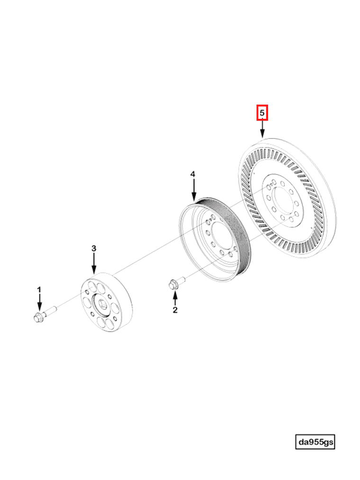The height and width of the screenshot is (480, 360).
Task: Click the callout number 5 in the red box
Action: [262, 113]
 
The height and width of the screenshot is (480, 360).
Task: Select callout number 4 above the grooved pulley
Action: [193, 175]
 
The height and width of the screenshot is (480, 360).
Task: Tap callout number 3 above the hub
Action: [94, 249]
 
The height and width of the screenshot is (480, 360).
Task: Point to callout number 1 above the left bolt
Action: [40, 289]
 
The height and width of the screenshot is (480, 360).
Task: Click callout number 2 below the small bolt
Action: [175, 310]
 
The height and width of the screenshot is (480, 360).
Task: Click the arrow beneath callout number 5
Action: [262, 129]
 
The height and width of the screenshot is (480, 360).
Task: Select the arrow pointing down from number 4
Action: [193, 189]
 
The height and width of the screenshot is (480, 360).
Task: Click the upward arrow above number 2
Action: [175, 297]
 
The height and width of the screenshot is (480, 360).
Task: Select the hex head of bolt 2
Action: [173, 284]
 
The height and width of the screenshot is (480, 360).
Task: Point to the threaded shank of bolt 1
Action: [51, 311]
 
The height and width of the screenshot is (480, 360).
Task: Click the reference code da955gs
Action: [315, 442]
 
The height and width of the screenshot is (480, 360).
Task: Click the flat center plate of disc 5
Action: [279, 199]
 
